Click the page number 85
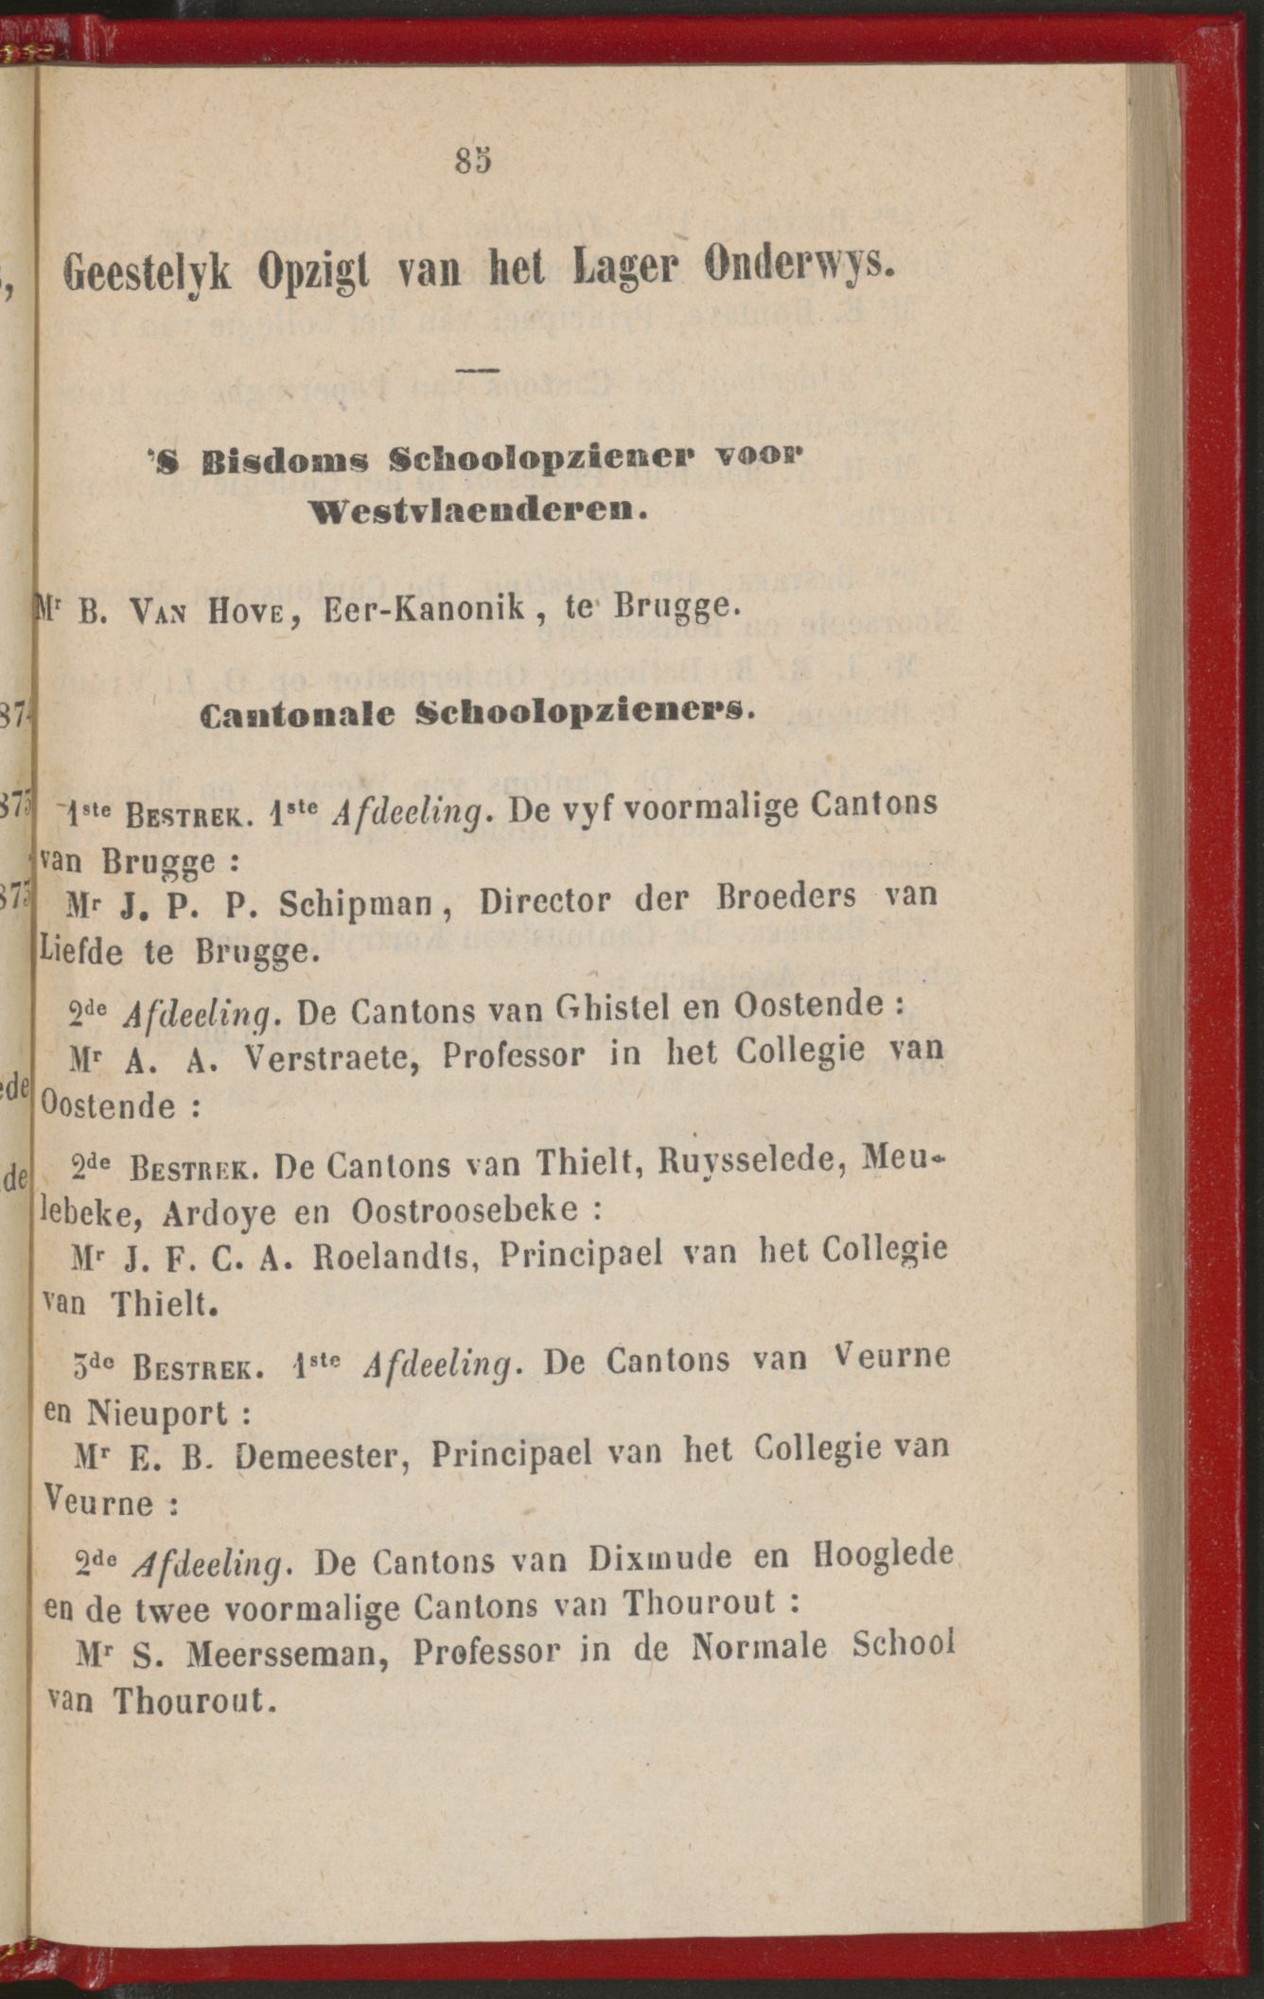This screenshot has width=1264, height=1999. click(473, 161)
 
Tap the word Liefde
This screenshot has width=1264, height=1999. click(83, 949)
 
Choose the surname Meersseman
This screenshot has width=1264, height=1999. click(293, 1653)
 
